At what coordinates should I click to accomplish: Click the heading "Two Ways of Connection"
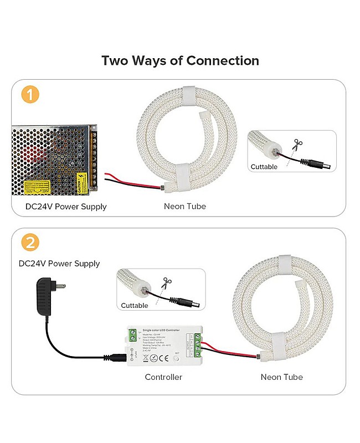180,60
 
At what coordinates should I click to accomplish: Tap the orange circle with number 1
30,94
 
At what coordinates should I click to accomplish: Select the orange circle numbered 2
30,242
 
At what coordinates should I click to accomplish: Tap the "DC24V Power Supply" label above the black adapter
59,264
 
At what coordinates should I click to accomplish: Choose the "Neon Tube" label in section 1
184,207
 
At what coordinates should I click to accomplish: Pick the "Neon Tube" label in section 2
281,377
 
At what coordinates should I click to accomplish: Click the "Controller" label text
163,377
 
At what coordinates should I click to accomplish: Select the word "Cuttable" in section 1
264,167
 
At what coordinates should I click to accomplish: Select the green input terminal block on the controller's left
133,336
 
